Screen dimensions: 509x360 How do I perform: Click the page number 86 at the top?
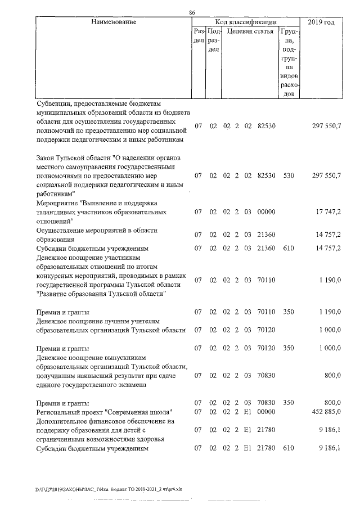pyautogui.click(x=192, y=12)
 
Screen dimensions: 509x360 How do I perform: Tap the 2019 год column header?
pyautogui.click(x=322, y=22)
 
